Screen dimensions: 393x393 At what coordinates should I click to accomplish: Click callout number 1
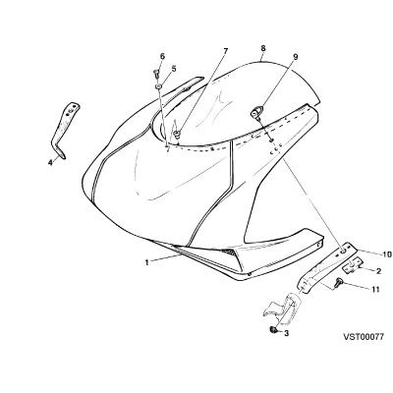pyautogui.click(x=147, y=262)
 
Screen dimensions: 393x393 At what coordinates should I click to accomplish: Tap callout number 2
pyautogui.click(x=378, y=271)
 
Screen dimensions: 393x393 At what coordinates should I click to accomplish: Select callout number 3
pyautogui.click(x=286, y=333)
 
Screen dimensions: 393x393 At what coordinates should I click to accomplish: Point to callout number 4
pyautogui.click(x=50, y=162)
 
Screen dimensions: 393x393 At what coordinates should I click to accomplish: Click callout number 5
pyautogui.click(x=174, y=69)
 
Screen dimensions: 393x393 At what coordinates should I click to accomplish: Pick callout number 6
pyautogui.click(x=162, y=56)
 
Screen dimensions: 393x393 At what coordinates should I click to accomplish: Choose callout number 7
pyautogui.click(x=225, y=51)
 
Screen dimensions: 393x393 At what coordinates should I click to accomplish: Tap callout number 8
pyautogui.click(x=263, y=48)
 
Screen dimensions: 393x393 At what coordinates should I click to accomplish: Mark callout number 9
pyautogui.click(x=296, y=57)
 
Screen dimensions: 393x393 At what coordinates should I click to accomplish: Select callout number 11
pyautogui.click(x=375, y=289)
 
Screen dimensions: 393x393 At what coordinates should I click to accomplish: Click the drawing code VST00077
pyautogui.click(x=364, y=337)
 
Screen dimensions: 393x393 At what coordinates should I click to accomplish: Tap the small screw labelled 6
pyautogui.click(x=156, y=73)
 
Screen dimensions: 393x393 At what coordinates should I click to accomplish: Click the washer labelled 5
pyautogui.click(x=159, y=86)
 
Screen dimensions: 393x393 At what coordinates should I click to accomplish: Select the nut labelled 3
pyautogui.click(x=272, y=330)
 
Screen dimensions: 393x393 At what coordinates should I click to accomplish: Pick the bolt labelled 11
pyautogui.click(x=337, y=282)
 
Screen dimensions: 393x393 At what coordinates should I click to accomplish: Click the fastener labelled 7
pyautogui.click(x=177, y=133)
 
